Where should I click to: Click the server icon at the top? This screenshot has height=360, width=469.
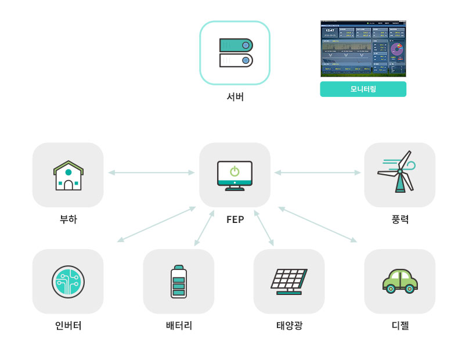click(x=235, y=53)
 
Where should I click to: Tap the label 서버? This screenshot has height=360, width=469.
click(x=235, y=97)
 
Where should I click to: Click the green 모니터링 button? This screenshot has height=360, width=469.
click(x=363, y=89)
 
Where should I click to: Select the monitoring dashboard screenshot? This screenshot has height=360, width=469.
click(x=363, y=49)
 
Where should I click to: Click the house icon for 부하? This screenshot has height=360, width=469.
click(x=68, y=175)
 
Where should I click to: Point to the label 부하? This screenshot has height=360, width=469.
click(x=68, y=219)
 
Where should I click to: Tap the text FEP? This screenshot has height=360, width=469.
click(x=235, y=219)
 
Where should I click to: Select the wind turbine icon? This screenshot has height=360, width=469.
click(x=398, y=172)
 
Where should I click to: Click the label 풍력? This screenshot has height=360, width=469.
click(x=400, y=219)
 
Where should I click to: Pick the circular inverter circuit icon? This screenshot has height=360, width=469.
click(x=68, y=282)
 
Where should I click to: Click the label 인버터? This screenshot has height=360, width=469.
click(x=68, y=326)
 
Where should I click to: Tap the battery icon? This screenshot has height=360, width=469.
click(x=179, y=282)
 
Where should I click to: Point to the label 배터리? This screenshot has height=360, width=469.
click(x=179, y=326)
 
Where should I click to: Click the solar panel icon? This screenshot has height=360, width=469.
click(x=289, y=282)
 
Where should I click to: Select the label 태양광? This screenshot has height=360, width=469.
click(x=289, y=326)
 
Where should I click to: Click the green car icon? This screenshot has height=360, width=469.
click(x=400, y=281)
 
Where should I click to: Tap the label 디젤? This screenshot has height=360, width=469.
click(x=400, y=326)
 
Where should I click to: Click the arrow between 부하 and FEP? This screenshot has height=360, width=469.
click(x=151, y=172)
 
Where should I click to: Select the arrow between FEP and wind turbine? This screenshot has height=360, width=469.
click(x=318, y=172)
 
